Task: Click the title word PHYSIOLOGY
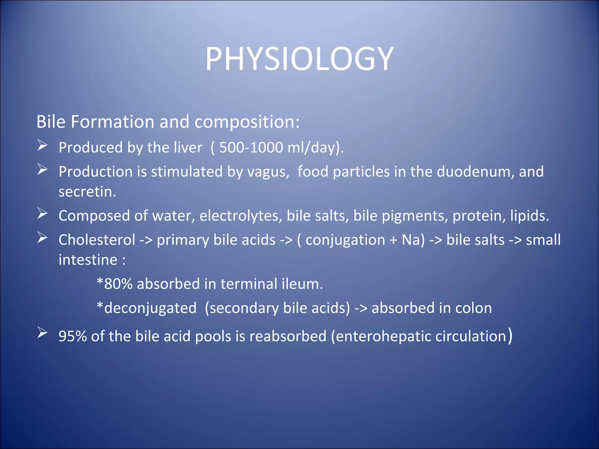coord(299,59)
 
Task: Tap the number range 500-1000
coord(251,147)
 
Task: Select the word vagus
coord(268,172)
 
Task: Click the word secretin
coord(87,192)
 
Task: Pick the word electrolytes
coord(241,216)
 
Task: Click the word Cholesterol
coord(97,240)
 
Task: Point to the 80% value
coord(118,284)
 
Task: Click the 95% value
coord(73,336)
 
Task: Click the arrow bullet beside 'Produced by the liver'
coord(42,145)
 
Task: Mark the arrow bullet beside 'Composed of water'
coord(42,214)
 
